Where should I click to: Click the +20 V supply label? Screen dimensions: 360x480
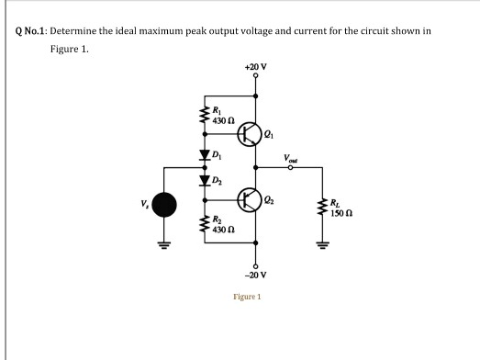255,67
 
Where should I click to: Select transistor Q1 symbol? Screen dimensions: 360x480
250,134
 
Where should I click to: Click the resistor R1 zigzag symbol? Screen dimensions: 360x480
205,117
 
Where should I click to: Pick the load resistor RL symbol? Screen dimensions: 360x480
321,211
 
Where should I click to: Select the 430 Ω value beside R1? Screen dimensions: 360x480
221,122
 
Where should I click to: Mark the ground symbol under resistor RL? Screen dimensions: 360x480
321,244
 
